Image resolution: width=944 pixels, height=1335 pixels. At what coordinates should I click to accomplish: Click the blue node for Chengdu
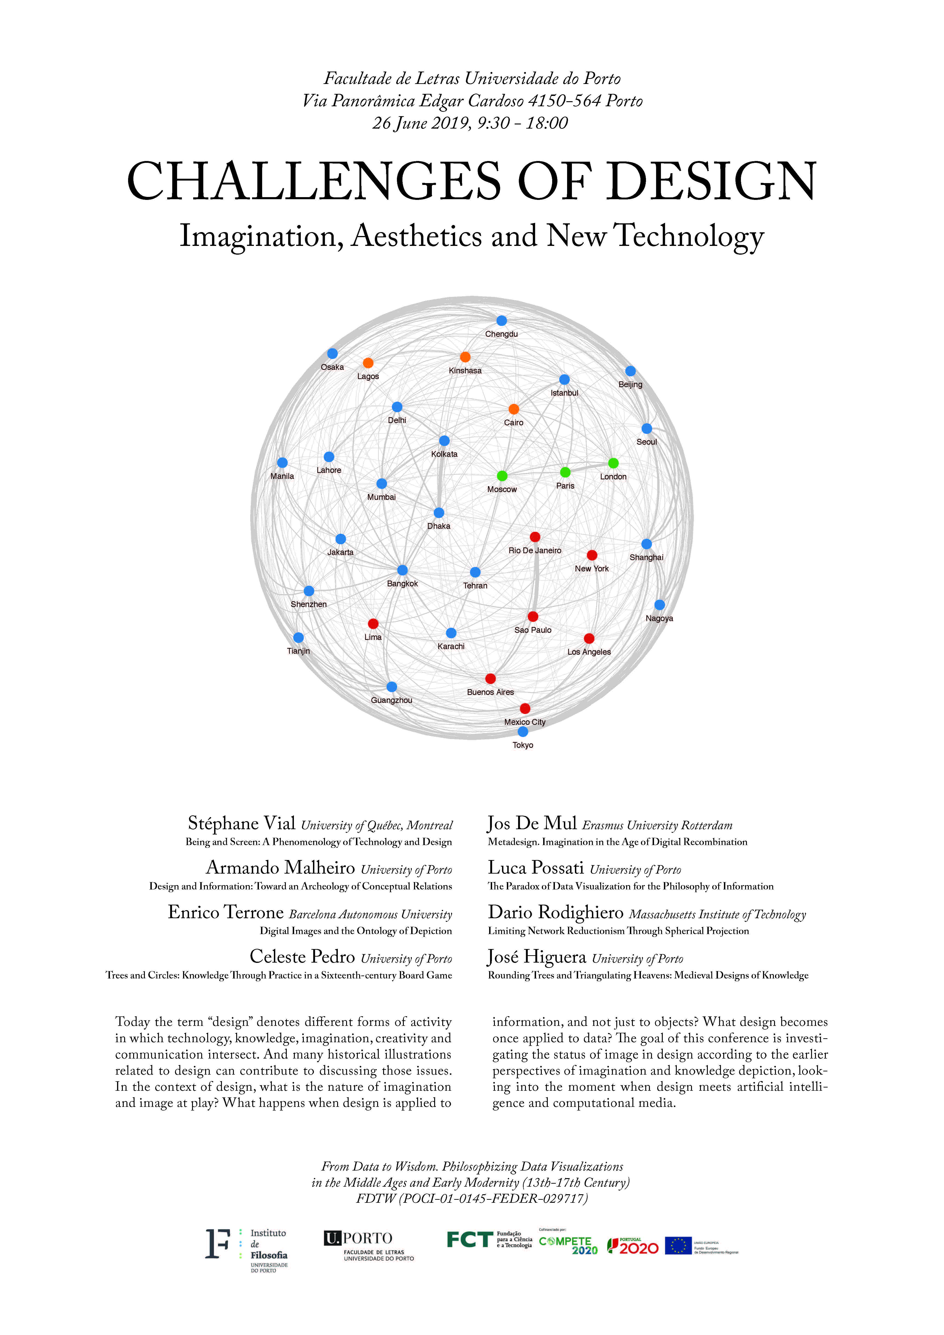coord(502,320)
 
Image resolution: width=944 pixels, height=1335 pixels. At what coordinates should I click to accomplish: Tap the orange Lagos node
coord(368,363)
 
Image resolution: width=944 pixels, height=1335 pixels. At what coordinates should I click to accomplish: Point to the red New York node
coord(592,555)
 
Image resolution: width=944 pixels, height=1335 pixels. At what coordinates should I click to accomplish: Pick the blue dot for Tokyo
coord(522,731)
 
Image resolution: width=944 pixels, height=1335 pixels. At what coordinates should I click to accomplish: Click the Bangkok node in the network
coord(402,570)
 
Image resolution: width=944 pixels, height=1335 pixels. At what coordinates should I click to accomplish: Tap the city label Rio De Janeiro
coord(535,550)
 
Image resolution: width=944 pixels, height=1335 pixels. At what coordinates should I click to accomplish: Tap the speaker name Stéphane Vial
coord(241,823)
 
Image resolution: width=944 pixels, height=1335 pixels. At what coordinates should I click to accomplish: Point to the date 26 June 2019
coord(420,123)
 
